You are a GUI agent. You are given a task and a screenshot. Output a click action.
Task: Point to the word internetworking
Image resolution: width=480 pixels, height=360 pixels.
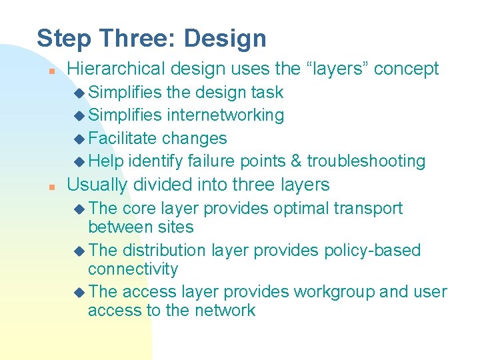click(x=225, y=115)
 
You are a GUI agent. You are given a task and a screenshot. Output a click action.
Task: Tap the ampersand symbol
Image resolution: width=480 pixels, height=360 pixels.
click(x=296, y=161)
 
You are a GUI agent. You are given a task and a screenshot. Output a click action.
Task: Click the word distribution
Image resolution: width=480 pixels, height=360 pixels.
click(x=164, y=251)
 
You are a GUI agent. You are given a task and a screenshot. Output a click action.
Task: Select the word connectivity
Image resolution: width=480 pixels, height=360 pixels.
click(x=133, y=269)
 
